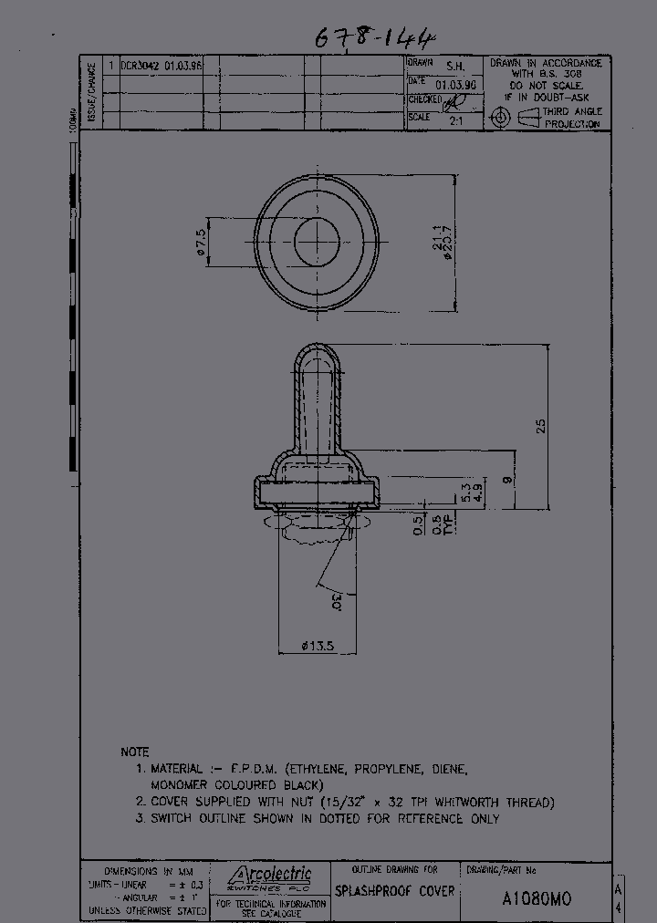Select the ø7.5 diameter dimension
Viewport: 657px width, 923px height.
[x=200, y=243]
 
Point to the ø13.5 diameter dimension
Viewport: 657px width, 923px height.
[x=318, y=646]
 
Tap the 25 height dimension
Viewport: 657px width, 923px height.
[x=540, y=425]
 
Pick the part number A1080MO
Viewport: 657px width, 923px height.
[x=537, y=897]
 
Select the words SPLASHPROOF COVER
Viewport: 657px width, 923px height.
[x=394, y=891]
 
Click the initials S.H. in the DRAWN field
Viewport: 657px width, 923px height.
[x=454, y=67]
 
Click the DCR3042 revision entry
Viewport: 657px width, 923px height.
[x=141, y=67]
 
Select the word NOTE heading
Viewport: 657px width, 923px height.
[x=135, y=752]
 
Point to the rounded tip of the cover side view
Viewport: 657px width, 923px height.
[x=316, y=350]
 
